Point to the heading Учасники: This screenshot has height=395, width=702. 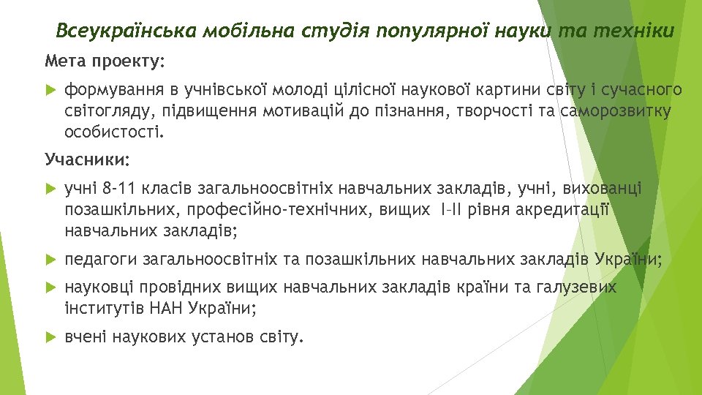87,159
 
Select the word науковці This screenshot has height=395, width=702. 98,287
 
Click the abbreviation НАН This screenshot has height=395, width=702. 169,308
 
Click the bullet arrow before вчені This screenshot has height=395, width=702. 50,337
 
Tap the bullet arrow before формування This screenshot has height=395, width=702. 50,90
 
